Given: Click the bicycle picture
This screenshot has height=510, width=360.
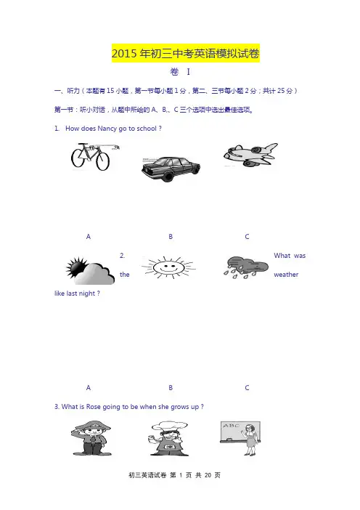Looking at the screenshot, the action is click(94, 156).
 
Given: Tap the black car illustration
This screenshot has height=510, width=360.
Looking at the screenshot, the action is click(171, 169).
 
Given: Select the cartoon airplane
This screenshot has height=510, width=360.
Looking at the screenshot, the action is click(250, 155).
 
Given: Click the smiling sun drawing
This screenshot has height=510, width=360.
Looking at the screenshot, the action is click(168, 267).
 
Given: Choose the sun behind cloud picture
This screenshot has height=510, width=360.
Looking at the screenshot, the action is click(90, 270).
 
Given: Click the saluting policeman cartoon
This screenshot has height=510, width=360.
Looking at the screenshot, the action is click(91, 438).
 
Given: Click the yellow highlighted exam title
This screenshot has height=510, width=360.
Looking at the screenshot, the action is click(186, 53).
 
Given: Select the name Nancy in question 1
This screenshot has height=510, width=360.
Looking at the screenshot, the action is click(107, 129).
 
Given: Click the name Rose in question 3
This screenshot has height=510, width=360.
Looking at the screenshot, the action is click(93, 407).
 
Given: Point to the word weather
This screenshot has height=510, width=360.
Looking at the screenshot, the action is click(286, 275).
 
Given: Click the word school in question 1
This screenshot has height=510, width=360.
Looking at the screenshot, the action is click(147, 129).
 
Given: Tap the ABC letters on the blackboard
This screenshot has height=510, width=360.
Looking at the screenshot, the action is click(231, 426).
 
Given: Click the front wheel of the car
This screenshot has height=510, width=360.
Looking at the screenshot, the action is click(168, 176).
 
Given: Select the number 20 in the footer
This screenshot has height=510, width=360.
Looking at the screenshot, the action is click(208, 475).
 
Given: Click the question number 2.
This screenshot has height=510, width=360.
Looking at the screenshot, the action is click(122, 256).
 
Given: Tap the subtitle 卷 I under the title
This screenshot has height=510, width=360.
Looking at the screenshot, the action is click(180, 71).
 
